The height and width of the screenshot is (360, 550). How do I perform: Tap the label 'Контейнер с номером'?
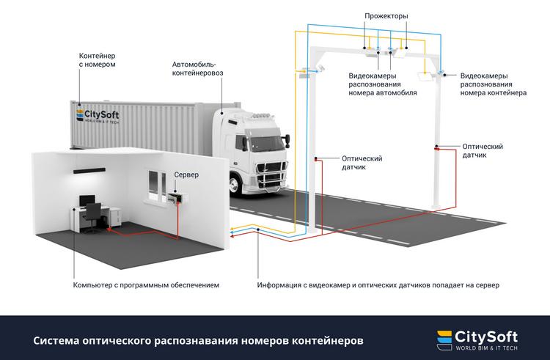[98, 59]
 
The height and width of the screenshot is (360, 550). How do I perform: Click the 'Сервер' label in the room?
[186, 177]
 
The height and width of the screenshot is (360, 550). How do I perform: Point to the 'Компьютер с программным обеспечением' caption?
[146, 284]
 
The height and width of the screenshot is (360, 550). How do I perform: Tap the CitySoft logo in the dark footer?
[477, 339]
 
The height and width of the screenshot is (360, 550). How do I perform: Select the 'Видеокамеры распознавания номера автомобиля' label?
[383, 84]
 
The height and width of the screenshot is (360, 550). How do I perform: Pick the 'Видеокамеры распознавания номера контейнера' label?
[493, 84]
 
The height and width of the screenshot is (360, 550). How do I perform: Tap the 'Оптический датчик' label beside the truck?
[362, 162]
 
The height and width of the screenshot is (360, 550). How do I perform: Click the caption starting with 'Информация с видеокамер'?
[378, 284]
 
